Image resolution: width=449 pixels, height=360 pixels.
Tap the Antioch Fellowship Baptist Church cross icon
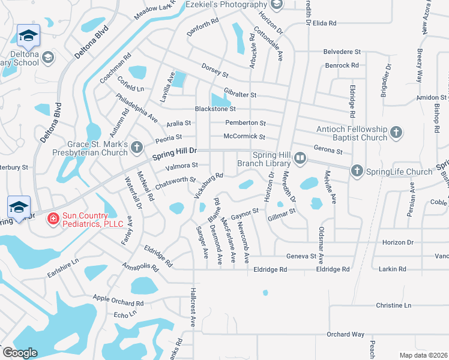(396, 132)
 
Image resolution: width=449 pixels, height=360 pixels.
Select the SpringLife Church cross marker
(357, 172)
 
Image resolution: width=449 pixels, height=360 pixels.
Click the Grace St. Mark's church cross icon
(137, 146)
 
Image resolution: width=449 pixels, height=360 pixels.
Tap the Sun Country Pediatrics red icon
(53, 219)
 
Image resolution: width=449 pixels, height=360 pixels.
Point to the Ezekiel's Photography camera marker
(277, 5)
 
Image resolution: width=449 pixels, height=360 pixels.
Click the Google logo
(20, 353)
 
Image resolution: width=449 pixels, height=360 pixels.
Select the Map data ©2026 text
(424, 355)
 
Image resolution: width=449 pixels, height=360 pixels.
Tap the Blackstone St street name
(215, 109)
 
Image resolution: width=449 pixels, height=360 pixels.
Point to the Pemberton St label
(245, 123)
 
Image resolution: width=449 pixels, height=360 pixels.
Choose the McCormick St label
(244, 137)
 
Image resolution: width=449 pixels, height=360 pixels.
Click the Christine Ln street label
(393, 305)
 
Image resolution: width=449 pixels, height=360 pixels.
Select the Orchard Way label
(345, 334)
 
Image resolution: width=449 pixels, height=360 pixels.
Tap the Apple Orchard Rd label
(118, 299)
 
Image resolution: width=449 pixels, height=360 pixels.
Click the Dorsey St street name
(215, 70)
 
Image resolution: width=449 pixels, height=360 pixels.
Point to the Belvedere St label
(342, 52)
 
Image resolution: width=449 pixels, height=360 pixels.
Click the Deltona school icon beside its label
(48, 58)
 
